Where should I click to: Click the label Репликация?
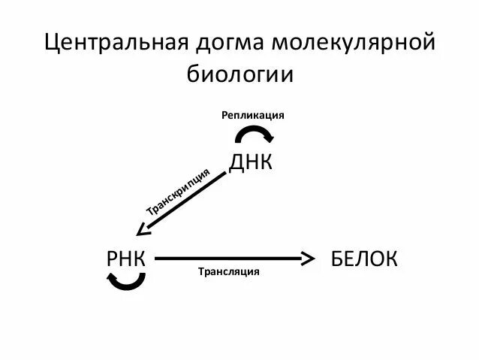(252, 115)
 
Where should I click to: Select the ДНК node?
(250, 162)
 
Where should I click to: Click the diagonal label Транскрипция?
(176, 192)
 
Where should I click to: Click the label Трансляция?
(228, 271)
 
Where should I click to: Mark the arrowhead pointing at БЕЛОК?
(308, 259)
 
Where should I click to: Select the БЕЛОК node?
(363, 259)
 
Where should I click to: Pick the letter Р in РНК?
(113, 259)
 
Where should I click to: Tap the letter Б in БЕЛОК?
(337, 259)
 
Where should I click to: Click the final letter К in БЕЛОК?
(390, 259)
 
